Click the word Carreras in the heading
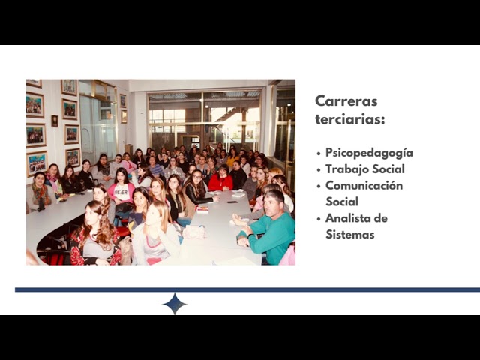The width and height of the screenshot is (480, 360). (x=346, y=100)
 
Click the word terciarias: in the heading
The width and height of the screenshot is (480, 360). (x=350, y=119)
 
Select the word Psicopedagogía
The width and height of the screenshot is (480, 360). (x=369, y=153)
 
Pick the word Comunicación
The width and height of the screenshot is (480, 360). (x=364, y=185)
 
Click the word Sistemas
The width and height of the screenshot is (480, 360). (x=350, y=235)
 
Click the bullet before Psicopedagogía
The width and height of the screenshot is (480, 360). (x=319, y=153)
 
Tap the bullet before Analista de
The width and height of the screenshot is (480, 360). (x=319, y=219)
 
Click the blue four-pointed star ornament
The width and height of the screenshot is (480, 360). (x=175, y=304)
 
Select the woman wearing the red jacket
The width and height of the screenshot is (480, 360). (x=220, y=178)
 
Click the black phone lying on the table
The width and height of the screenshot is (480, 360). (x=232, y=202)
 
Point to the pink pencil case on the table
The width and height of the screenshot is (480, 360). (x=194, y=232)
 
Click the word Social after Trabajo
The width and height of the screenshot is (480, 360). (x=388, y=169)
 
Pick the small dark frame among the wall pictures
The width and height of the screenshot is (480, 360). (x=55, y=121)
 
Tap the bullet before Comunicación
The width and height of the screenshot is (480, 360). (x=319, y=186)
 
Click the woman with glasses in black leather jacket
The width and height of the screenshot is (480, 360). (x=197, y=187)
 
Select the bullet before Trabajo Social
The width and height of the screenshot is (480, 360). (x=319, y=169)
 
